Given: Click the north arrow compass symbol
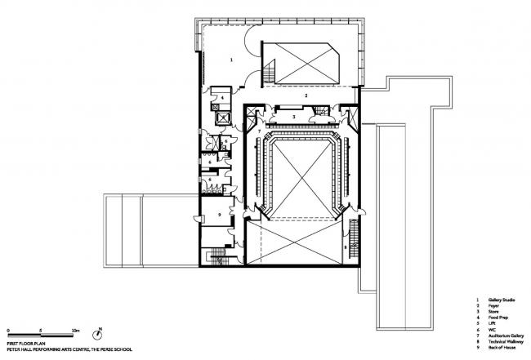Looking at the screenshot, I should pos(98,334).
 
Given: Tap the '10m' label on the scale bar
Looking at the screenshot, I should pos(75,329).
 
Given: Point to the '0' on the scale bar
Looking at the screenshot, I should pos(7,329).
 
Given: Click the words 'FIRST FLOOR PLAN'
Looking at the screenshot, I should pos(25,344).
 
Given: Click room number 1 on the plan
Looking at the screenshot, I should pos(231,60).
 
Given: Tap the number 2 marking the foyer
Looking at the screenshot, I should pos(306,96).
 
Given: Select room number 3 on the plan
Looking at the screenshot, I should pos(293,117).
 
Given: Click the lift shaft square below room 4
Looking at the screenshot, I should pos(221,118).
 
